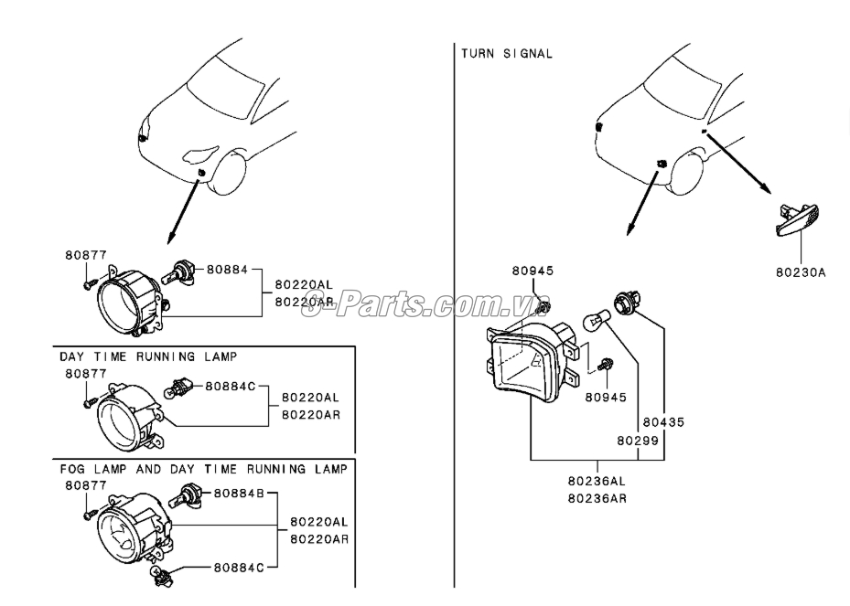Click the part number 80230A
tap(800, 271)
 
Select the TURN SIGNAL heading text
tap(507, 54)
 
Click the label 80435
tap(662, 423)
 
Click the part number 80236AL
tap(597, 481)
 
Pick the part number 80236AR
tap(597, 498)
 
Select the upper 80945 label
tap(533, 271)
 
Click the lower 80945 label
tap(605, 398)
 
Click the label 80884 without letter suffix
tap(227, 270)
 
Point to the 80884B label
tap(239, 494)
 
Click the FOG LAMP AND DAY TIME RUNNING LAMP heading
tap(203, 469)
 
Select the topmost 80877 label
tap(85, 255)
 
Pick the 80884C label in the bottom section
tap(239, 568)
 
